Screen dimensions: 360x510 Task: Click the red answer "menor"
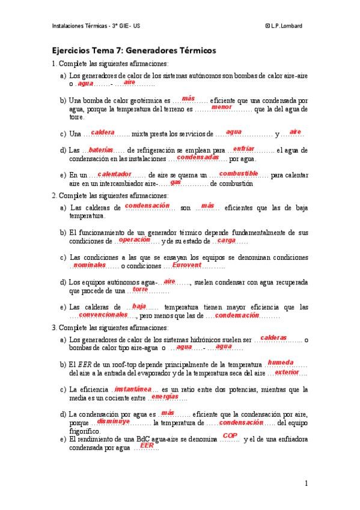click(x=221, y=107)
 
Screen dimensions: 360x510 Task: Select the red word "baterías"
click(x=97, y=150)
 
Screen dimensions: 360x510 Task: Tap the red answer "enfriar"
click(x=243, y=148)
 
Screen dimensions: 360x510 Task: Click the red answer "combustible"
click(x=239, y=173)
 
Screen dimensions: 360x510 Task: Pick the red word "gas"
click(x=175, y=182)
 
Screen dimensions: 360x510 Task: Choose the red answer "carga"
click(x=226, y=240)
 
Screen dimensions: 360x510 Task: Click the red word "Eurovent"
click(x=186, y=265)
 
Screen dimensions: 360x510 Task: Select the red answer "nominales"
click(x=90, y=265)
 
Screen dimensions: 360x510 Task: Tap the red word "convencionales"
click(x=103, y=314)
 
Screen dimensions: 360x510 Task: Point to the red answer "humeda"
click(x=280, y=363)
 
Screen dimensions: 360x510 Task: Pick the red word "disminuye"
click(x=114, y=421)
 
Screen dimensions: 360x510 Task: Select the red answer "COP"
click(x=230, y=435)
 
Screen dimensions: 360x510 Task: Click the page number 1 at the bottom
click(x=306, y=483)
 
